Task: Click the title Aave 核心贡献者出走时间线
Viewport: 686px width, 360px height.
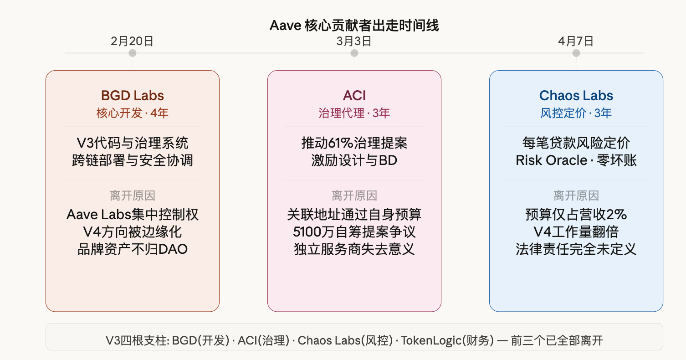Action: [x=354, y=26]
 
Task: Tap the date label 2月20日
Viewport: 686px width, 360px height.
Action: [x=132, y=41]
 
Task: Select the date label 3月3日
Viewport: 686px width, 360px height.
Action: [x=354, y=41]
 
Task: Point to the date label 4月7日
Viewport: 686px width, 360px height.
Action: [x=576, y=41]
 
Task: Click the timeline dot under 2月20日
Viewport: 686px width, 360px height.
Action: [x=133, y=53]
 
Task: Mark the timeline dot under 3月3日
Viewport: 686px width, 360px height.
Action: [x=354, y=53]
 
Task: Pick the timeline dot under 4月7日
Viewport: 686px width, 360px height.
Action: [x=576, y=53]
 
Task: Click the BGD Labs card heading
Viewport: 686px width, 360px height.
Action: [x=133, y=96]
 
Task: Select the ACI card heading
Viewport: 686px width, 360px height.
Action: [x=354, y=96]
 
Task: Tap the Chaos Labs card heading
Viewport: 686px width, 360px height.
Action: [x=576, y=96]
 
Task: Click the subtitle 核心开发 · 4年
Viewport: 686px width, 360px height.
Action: [x=133, y=113]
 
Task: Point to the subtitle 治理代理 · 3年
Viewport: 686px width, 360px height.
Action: [x=354, y=113]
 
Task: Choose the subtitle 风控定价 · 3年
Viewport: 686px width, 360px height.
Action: [x=576, y=113]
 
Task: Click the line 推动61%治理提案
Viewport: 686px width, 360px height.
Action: [x=354, y=144]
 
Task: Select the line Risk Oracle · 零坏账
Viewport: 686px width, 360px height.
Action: [x=576, y=160]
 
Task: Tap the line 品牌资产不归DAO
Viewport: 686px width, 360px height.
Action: [x=133, y=249]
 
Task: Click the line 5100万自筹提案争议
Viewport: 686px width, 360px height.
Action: [x=354, y=232]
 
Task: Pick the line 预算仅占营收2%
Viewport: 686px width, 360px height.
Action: [x=576, y=215]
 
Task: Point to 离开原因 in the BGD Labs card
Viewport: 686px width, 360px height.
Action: [x=133, y=196]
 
